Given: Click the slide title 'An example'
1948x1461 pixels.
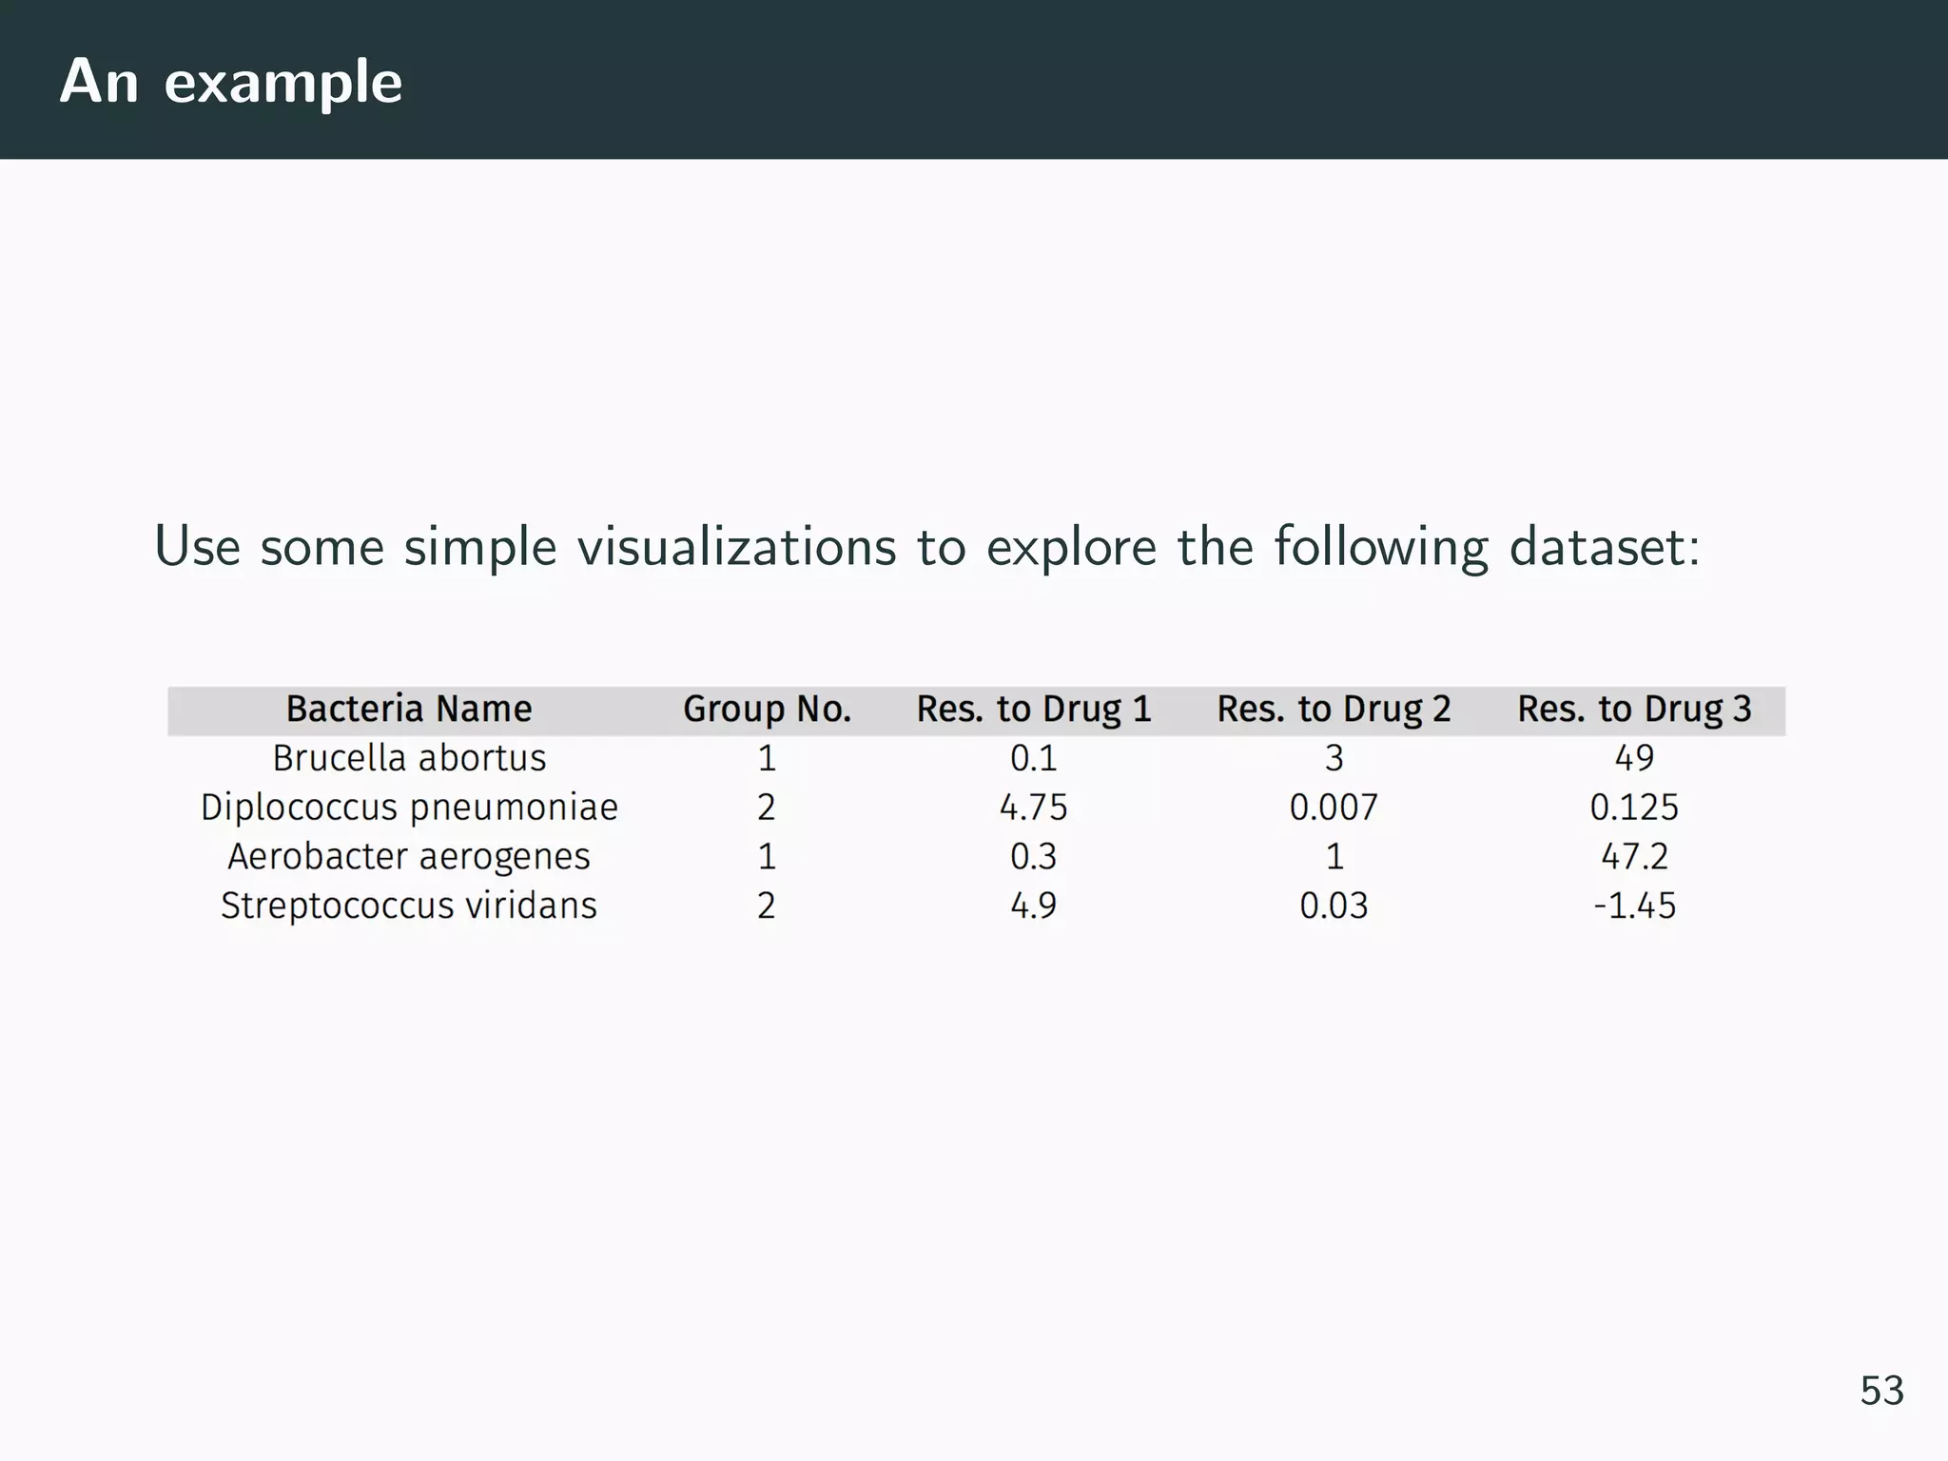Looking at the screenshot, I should coord(231,82).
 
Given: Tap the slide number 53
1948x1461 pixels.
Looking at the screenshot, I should coord(1881,1391).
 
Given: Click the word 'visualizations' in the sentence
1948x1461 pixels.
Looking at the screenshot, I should coord(736,547).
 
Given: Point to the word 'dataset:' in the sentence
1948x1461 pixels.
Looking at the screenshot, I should coord(1604,547).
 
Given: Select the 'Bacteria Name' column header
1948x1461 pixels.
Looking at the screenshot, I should coord(409,710).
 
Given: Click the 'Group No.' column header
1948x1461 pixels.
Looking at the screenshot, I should coord(767,710).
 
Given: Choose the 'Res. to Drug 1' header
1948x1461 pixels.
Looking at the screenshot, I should coord(1034,710).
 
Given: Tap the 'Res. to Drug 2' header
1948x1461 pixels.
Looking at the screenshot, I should coord(1334,710).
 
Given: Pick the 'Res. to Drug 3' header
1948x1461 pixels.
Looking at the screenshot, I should coord(1634,710).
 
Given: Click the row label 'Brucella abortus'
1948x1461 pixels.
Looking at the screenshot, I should coord(409,759).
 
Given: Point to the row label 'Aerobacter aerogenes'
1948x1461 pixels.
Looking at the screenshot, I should coord(409,857).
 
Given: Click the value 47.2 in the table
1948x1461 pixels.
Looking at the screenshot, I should coord(1634,857).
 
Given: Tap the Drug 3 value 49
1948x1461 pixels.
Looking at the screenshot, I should coord(1634,759).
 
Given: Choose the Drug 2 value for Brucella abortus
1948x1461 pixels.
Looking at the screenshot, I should coord(1334,759).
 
